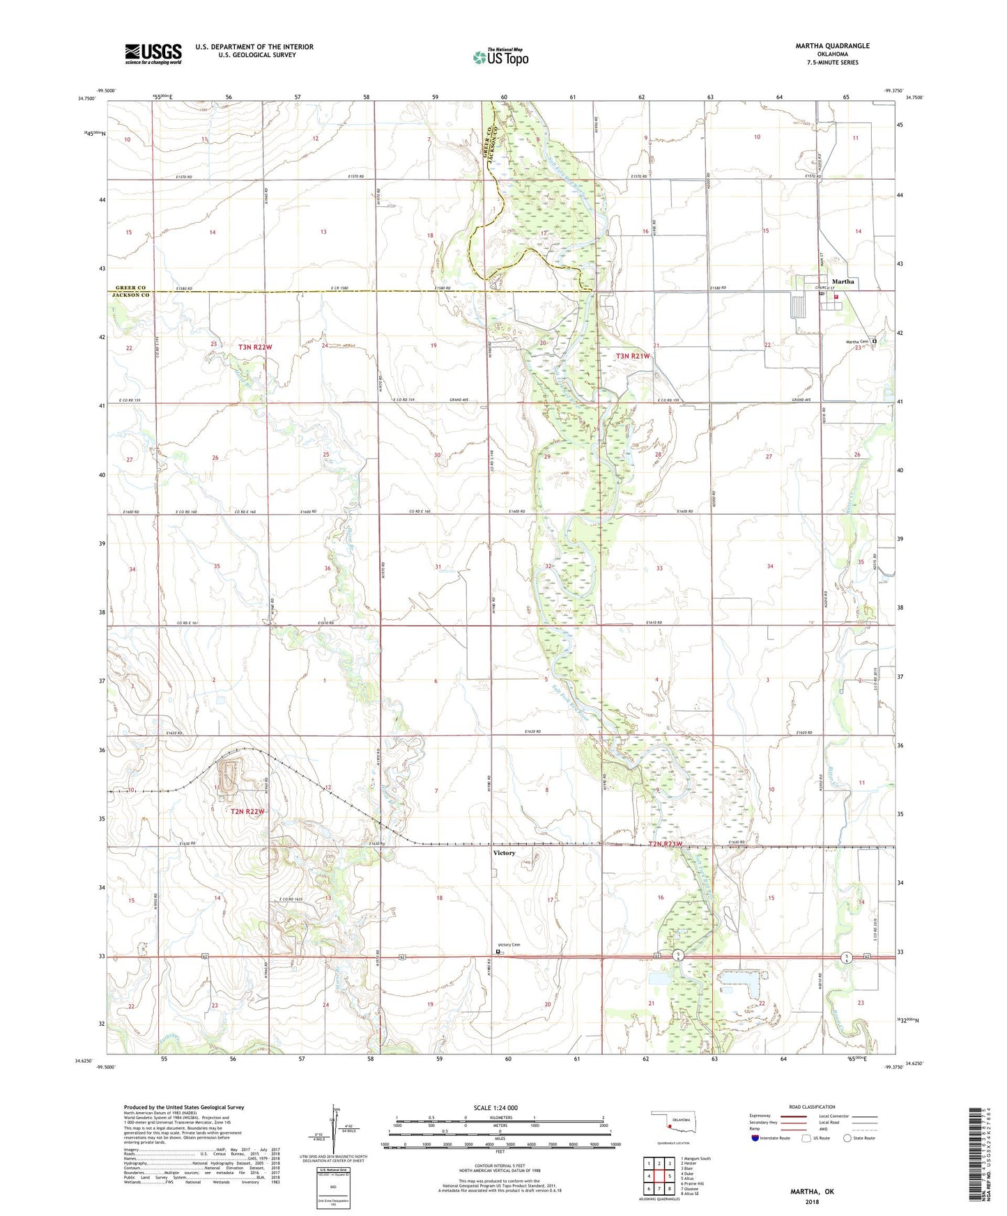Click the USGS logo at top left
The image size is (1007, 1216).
153,54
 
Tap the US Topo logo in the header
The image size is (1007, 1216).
500,57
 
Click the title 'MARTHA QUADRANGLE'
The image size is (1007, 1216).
832,46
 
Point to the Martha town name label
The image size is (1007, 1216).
843,281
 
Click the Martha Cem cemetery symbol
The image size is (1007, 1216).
874,341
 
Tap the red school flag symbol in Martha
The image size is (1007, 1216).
836,297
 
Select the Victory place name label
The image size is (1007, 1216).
504,852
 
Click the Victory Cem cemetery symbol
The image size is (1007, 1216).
498,951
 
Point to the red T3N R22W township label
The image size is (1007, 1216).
256,346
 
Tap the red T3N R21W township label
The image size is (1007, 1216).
633,356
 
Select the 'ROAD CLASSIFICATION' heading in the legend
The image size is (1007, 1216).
812,1107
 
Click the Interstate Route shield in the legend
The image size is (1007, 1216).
755,1138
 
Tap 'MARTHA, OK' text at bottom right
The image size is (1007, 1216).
812,1192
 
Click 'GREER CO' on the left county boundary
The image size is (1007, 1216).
130,288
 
